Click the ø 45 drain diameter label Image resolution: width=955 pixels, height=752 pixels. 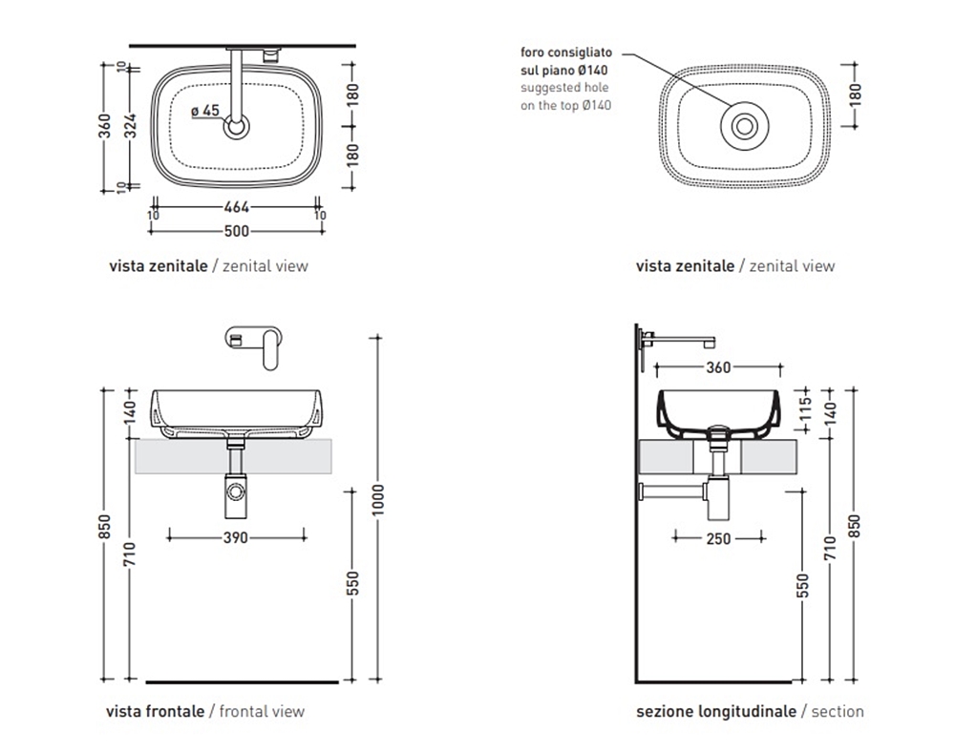click(x=205, y=111)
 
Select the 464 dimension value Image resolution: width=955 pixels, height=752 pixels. click(x=236, y=207)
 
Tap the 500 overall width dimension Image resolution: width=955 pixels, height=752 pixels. click(x=236, y=231)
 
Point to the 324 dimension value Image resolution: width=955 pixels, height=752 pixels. click(x=132, y=124)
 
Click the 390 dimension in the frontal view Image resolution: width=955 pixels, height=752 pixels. click(x=236, y=538)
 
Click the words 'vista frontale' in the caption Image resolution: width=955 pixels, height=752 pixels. click(x=155, y=711)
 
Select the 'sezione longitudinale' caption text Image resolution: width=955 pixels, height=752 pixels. click(x=715, y=711)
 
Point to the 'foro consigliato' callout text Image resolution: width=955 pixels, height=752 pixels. click(x=566, y=52)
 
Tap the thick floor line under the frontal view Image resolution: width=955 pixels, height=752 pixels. click(x=243, y=682)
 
